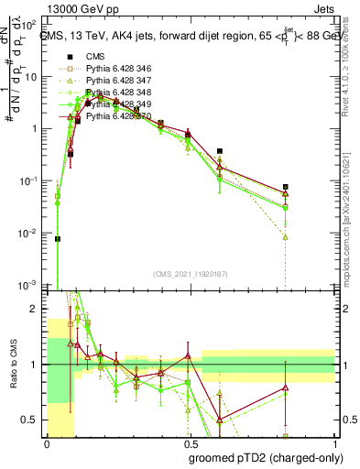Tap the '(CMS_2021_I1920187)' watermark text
191,275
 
